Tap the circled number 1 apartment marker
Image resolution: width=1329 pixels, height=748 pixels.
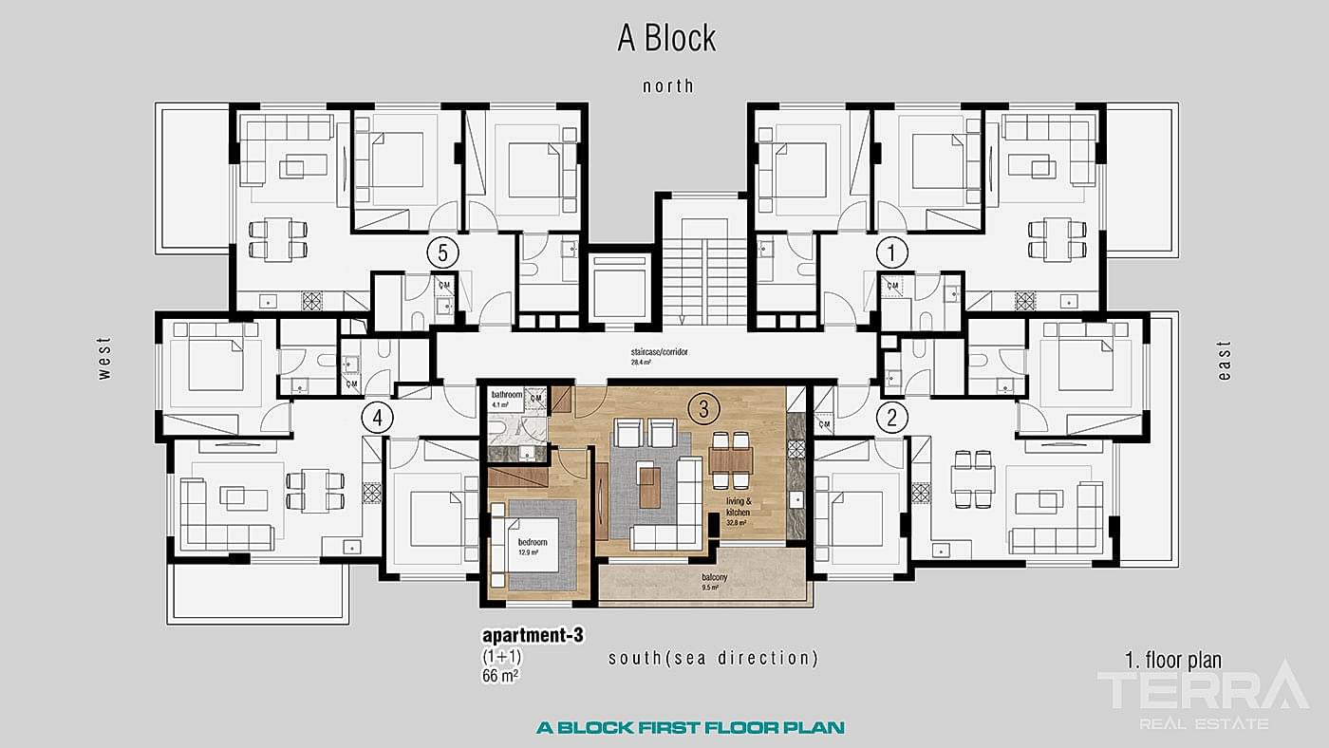tap(891, 252)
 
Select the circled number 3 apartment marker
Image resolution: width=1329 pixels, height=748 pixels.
tap(702, 409)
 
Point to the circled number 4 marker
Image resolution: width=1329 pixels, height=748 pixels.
tap(378, 416)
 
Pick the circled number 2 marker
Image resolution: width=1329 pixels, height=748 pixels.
tap(891, 416)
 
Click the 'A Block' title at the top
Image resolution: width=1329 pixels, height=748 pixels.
tap(666, 39)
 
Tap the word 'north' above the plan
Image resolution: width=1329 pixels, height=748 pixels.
tap(668, 86)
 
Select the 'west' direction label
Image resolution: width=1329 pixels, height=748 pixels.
tap(104, 358)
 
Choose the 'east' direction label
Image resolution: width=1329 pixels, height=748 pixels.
tap(1224, 362)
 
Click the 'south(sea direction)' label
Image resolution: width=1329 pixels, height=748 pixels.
tap(713, 658)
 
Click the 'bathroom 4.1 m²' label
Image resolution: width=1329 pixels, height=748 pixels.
tap(508, 399)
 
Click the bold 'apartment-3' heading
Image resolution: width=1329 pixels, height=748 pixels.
tap(532, 637)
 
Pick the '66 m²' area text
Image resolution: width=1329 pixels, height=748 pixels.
tap(499, 676)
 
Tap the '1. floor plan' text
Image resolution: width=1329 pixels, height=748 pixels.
tap(1172, 661)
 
